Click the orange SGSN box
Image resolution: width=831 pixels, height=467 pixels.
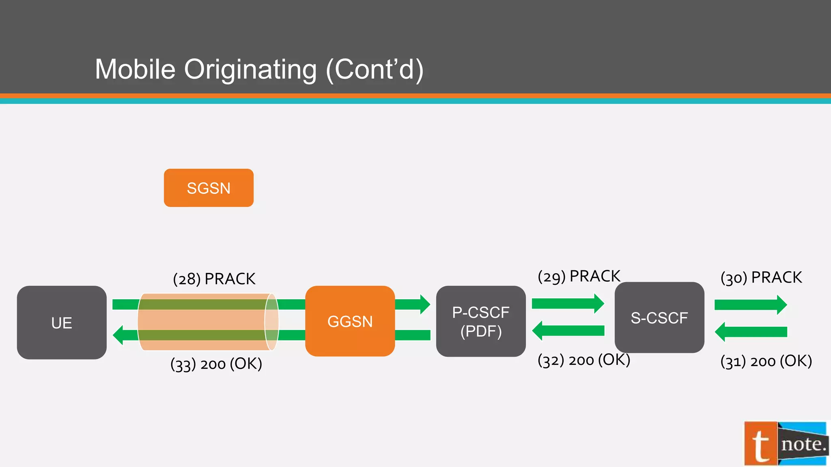click(x=209, y=188)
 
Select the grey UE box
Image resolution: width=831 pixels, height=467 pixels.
click(x=62, y=323)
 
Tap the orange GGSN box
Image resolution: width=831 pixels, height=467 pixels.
click(x=350, y=321)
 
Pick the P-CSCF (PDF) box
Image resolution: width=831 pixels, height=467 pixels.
click(x=481, y=321)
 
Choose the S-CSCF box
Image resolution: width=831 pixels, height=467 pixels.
click(x=659, y=317)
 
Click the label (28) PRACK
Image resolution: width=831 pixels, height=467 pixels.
click(x=214, y=279)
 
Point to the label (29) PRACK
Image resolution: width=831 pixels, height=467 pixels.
click(x=579, y=276)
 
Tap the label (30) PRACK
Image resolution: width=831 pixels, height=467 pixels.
click(x=761, y=278)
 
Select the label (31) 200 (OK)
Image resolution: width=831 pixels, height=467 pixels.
click(x=766, y=361)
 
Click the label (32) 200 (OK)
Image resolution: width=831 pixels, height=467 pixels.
click(x=584, y=360)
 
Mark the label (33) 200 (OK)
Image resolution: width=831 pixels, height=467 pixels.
click(x=216, y=364)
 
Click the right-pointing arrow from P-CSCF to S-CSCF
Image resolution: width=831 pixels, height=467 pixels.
click(x=568, y=304)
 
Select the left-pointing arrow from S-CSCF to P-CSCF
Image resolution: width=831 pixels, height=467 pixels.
click(x=568, y=331)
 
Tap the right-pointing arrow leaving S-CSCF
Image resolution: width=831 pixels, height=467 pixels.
click(x=751, y=305)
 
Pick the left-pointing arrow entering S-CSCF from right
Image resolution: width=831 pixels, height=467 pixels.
click(x=751, y=332)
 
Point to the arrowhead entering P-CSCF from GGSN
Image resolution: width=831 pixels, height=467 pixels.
click(x=424, y=304)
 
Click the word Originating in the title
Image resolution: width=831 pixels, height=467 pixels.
click(x=250, y=69)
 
